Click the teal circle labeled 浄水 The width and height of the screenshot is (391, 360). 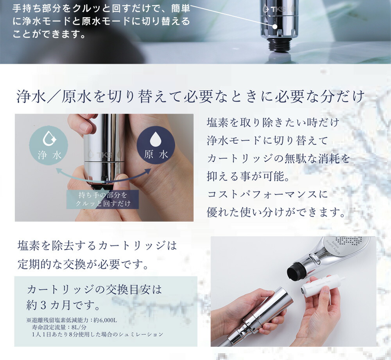pyautogui.click(x=50, y=146)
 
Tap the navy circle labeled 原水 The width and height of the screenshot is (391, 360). pyautogui.click(x=156, y=146)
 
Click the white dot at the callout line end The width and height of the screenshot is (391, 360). pyautogui.click(x=275, y=27)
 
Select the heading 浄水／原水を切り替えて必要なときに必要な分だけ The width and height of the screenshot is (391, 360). pyautogui.click(x=190, y=97)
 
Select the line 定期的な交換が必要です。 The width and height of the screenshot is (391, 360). pyautogui.click(x=83, y=265)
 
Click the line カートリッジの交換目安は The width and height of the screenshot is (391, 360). pyautogui.click(x=94, y=290)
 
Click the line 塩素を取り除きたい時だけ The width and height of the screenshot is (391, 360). pyautogui.click(x=273, y=122)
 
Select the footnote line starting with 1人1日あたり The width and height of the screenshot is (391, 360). pyautogui.click(x=98, y=335)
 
